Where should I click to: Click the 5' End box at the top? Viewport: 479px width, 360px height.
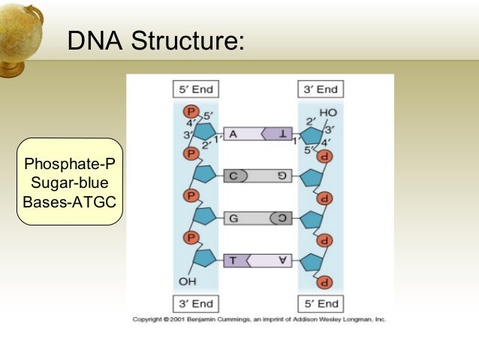coord(194,89)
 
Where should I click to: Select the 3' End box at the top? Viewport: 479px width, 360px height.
coord(320,89)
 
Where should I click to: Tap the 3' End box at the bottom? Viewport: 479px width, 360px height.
coord(194,304)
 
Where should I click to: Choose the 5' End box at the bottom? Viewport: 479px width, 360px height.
coord(320,304)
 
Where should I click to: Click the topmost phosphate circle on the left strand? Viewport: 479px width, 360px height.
coord(191,113)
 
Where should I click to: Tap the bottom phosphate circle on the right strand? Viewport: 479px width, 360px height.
coord(326,283)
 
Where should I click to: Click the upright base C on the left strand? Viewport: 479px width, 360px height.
coord(233,176)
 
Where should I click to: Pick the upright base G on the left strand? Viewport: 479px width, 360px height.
coord(233,219)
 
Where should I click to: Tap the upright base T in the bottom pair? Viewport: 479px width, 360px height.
coord(233,261)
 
